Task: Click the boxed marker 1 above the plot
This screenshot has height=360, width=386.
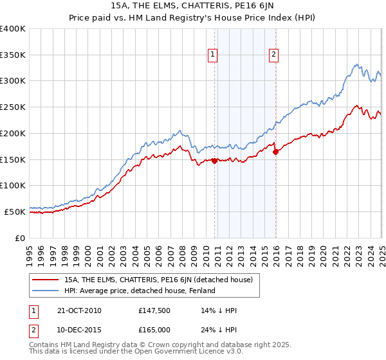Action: [212, 55]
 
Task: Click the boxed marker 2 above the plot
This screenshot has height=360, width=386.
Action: [273, 55]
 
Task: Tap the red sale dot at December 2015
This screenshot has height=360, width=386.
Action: [275, 152]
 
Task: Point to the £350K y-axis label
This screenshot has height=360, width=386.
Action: [12, 55]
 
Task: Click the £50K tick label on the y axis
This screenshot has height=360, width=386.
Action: [15, 212]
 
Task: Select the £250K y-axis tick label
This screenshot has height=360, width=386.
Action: [12, 107]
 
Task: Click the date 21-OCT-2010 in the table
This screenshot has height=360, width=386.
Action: [79, 310]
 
